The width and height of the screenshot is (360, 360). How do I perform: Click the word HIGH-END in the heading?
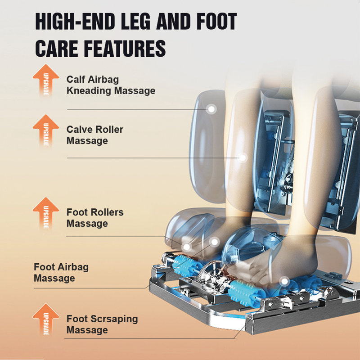point(75,22)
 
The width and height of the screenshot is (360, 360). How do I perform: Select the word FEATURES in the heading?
point(125,49)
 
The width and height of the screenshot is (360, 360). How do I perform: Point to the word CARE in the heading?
point(56,49)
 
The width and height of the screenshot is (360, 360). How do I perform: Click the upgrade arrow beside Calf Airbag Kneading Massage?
point(46,80)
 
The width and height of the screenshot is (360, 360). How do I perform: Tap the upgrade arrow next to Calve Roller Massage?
point(46,130)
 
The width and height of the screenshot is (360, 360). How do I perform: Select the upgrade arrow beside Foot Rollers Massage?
point(46,213)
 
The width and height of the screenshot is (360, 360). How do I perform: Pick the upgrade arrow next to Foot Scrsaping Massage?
point(46,320)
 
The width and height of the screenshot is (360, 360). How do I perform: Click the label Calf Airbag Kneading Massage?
point(111,85)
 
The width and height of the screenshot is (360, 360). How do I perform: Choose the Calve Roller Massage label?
point(95,135)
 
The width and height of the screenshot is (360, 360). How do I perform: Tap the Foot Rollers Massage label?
point(95,218)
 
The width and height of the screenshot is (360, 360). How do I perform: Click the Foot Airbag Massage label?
point(61,273)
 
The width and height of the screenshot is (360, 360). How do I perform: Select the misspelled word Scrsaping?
point(114,319)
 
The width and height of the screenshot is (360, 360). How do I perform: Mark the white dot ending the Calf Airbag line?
point(211,109)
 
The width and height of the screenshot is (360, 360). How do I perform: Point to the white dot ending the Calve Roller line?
point(243,158)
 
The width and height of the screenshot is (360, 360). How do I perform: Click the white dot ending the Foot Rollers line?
point(187,247)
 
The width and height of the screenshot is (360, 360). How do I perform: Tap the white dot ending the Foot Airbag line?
point(215,242)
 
